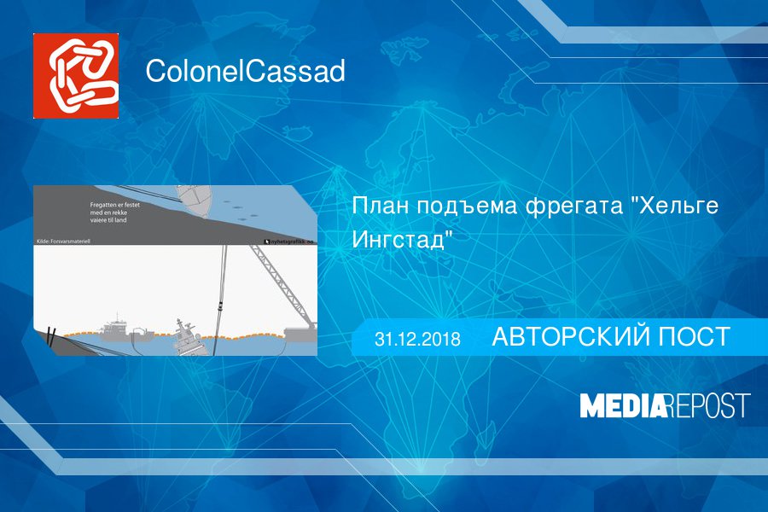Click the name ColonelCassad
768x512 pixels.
tap(245, 72)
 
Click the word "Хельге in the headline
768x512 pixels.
tap(674, 207)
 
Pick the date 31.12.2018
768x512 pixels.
tap(417, 339)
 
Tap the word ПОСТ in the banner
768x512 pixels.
tap(691, 337)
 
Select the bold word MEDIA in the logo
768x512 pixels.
tap(623, 406)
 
